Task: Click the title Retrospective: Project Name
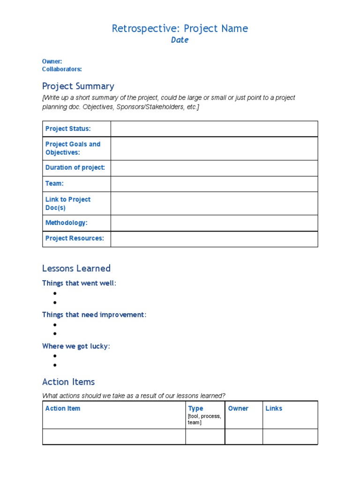tap(180, 29)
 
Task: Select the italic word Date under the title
tap(180, 40)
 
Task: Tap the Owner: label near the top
tap(52, 61)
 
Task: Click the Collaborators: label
tap(62, 69)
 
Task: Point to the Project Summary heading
tap(78, 86)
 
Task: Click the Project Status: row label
tap(68, 129)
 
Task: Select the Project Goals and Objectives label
tap(73, 148)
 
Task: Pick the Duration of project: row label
tap(75, 168)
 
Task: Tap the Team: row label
tap(54, 184)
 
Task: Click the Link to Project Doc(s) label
tap(68, 203)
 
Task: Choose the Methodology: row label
tap(66, 223)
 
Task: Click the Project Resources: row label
tap(75, 239)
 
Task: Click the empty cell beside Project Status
tap(214, 129)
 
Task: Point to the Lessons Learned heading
tap(76, 269)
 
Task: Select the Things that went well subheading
tap(79, 284)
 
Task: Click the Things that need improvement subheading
tap(94, 315)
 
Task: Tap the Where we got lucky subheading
tap(76, 346)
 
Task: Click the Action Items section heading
tap(68, 382)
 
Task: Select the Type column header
tap(195, 409)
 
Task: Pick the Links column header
tap(274, 409)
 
